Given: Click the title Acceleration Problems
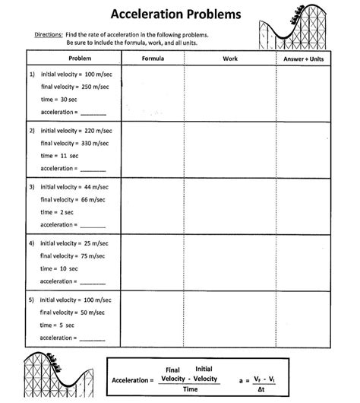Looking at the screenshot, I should [x=176, y=14].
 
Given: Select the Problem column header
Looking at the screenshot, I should [x=80, y=59].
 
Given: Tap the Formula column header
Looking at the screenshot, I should [x=153, y=59].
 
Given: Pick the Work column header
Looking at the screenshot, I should [x=230, y=59].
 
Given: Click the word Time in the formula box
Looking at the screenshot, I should [x=190, y=389].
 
